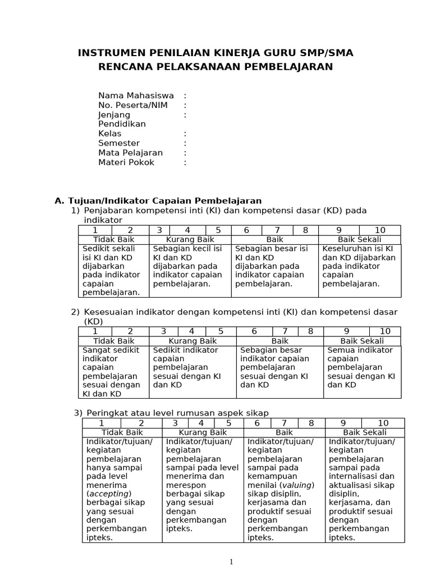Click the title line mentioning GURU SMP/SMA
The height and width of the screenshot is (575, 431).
[x=215, y=53]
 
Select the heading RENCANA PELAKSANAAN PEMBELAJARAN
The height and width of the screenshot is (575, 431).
[x=215, y=67]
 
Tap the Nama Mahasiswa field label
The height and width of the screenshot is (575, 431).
[x=136, y=95]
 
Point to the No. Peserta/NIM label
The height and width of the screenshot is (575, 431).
[x=133, y=105]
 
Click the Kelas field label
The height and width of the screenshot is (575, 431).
[x=110, y=134]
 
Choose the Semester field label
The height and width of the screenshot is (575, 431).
[x=119, y=143]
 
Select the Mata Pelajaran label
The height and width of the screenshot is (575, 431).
[x=130, y=153]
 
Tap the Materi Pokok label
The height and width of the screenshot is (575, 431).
[x=126, y=162]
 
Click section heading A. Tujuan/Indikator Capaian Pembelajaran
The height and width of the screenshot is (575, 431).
[x=158, y=200]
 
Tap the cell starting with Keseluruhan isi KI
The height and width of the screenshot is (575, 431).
[x=359, y=266]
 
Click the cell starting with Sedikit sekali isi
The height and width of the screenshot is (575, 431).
[x=113, y=270]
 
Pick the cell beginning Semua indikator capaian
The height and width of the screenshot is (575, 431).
[x=361, y=367]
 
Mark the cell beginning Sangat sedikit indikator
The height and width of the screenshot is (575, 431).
[x=113, y=372]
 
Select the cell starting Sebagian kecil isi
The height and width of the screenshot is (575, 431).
[x=190, y=266]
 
